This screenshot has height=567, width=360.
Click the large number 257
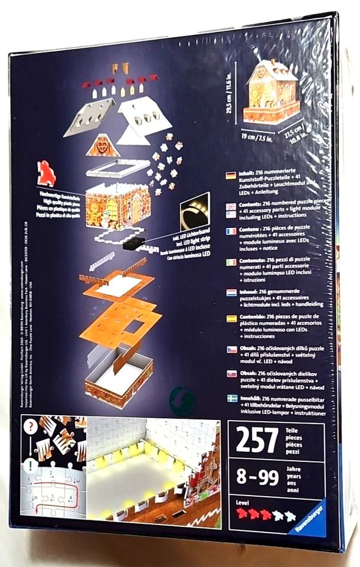[x=257, y=440]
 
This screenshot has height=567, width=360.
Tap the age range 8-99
[x=257, y=477]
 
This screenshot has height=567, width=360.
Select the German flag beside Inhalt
[x=231, y=176]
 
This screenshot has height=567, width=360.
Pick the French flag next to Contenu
[x=231, y=232]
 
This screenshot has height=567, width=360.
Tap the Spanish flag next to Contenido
[x=231, y=319]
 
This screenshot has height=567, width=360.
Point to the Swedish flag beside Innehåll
[x=231, y=400]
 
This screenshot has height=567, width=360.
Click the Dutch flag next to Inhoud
[x=231, y=292]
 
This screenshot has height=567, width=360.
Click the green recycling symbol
[x=192, y=396]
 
